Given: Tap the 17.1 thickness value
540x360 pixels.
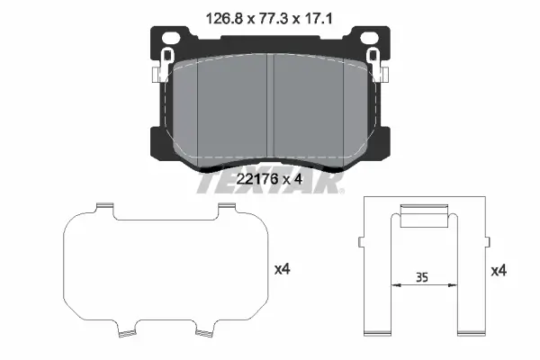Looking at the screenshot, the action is coord(318,19).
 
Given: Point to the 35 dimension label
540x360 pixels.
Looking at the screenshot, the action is coord(421,277).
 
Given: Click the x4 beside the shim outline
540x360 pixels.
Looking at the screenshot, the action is coord(283,269).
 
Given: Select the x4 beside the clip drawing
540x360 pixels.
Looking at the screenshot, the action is coord(499,271).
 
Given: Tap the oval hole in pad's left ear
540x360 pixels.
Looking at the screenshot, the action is coord(170,37).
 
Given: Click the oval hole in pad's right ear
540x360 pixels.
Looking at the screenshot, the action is coord(368,37).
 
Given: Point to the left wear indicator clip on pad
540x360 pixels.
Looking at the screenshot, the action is coord(163,66).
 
